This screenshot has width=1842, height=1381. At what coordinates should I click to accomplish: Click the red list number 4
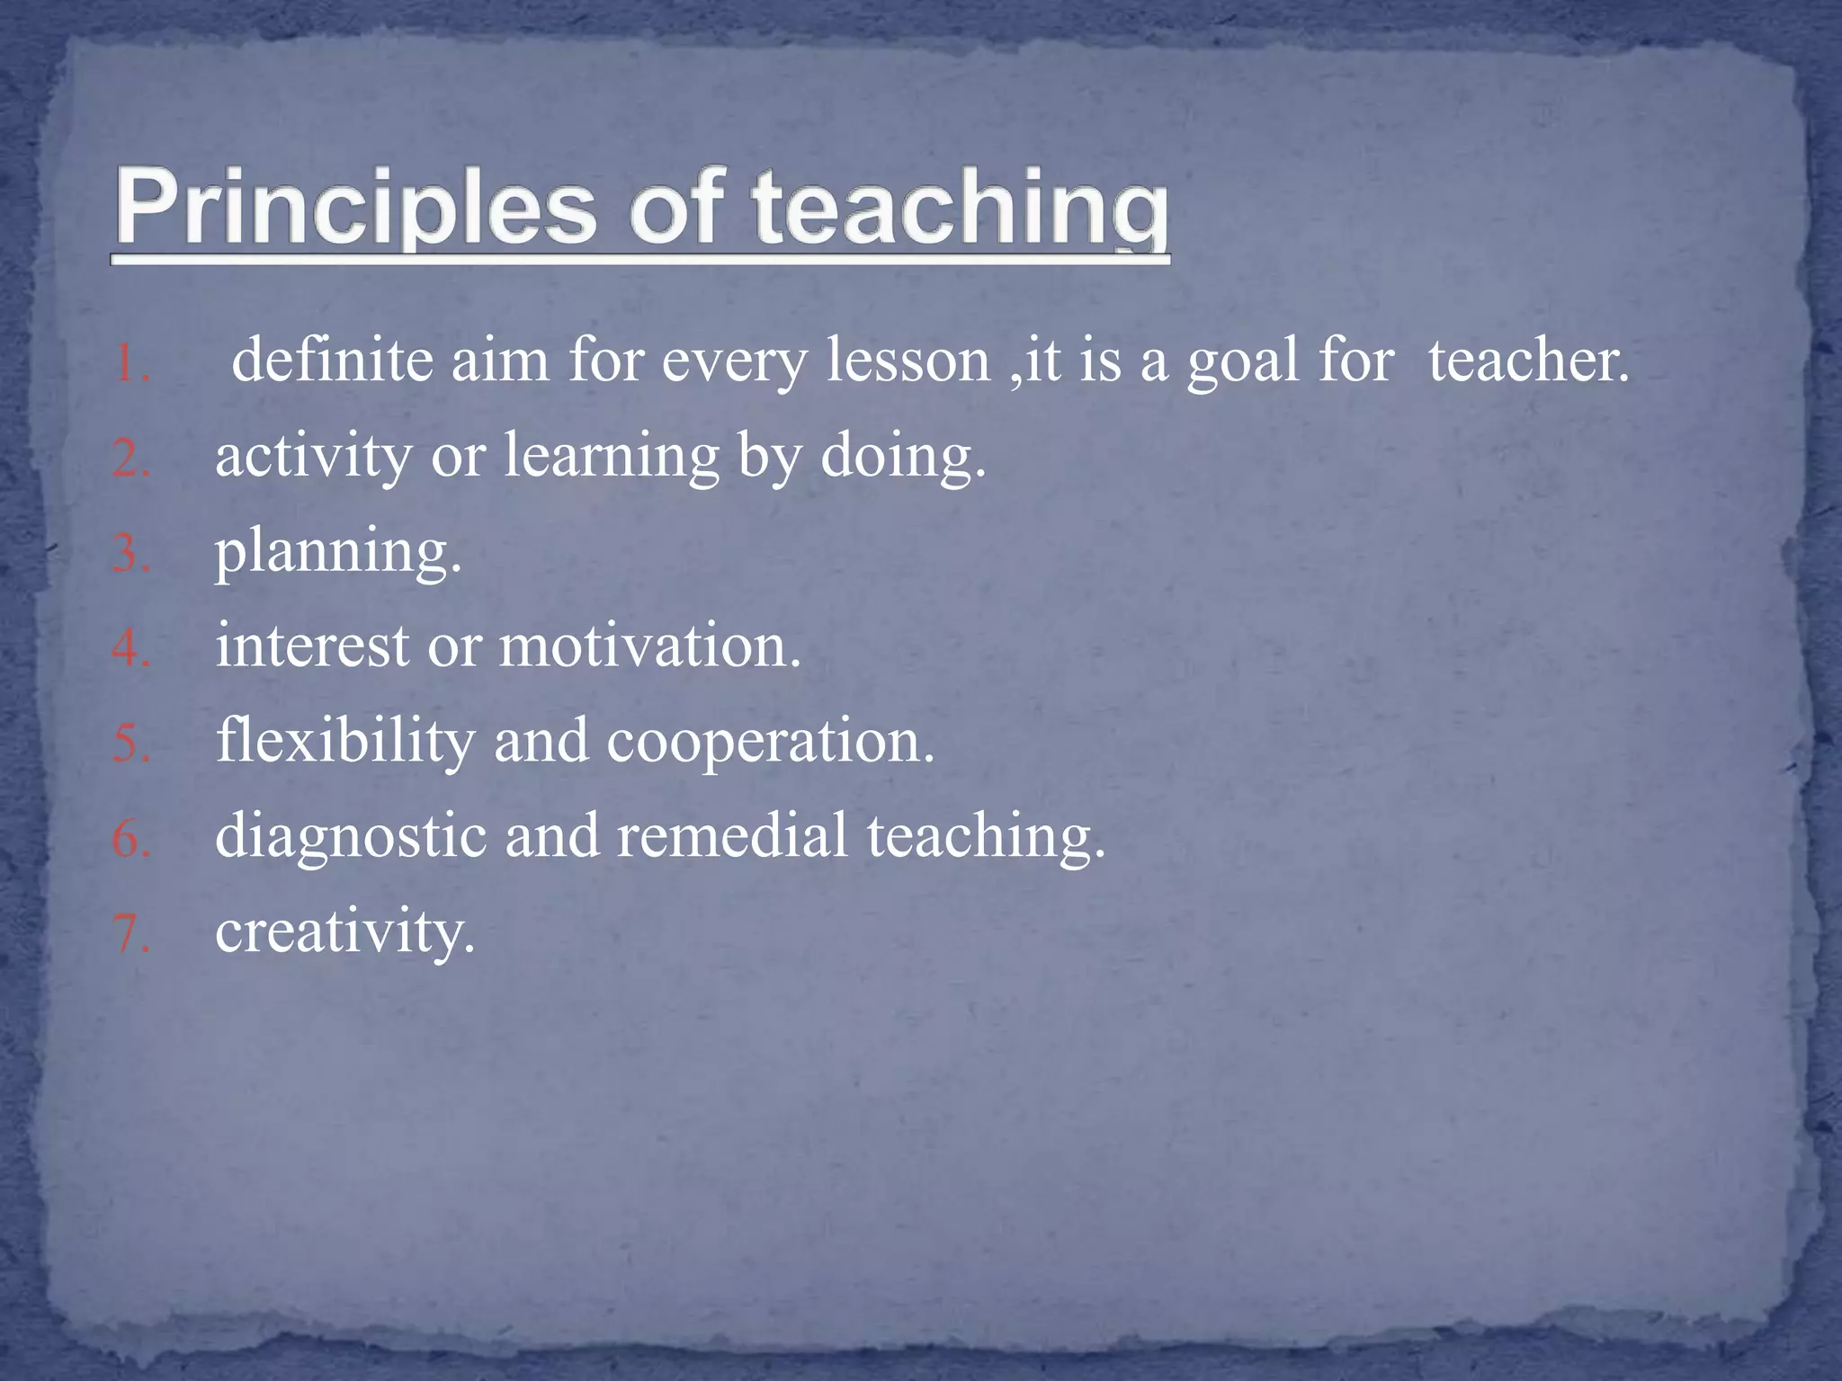[131, 648]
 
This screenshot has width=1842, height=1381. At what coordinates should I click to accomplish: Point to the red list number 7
[131, 934]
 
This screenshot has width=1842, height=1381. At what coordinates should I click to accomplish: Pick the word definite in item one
[333, 360]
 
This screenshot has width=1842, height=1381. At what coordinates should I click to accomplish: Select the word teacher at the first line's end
[1528, 360]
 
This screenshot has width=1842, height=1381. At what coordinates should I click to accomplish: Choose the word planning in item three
[337, 552]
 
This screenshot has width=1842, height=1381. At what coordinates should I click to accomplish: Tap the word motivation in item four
[648, 646]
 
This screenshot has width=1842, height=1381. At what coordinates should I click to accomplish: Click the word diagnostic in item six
[350, 836]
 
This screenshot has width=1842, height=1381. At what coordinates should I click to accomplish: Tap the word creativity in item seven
[344, 932]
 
